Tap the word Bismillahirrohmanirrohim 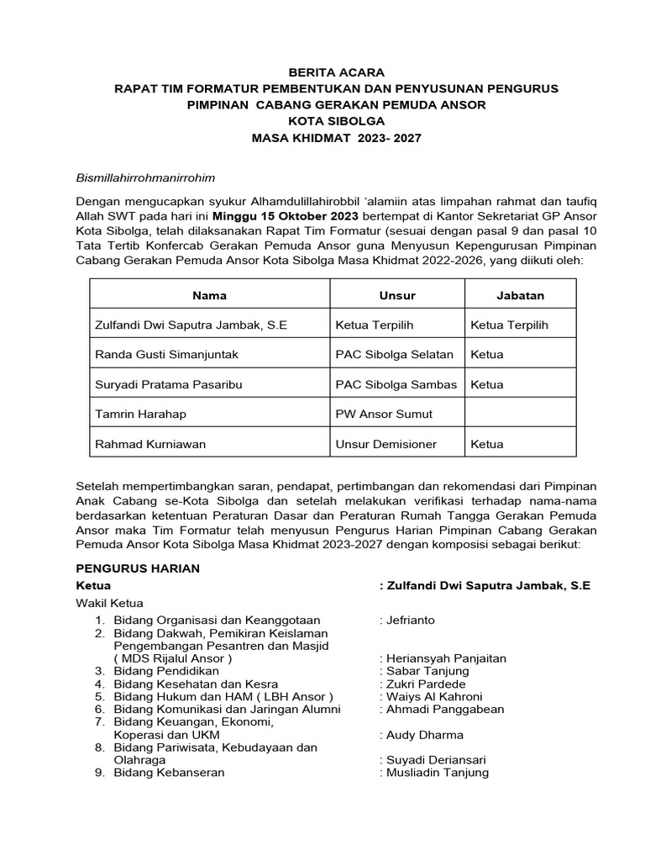(x=146, y=178)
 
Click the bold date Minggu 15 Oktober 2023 (x=286, y=215)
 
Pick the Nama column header (x=209, y=296)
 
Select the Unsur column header (x=397, y=296)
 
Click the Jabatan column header (x=521, y=296)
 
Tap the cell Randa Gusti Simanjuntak (x=167, y=355)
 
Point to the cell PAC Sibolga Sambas (x=396, y=384)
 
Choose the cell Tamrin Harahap (x=141, y=414)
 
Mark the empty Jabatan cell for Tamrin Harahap (x=521, y=414)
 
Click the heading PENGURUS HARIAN (x=138, y=568)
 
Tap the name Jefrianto (x=411, y=621)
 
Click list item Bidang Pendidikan (x=166, y=671)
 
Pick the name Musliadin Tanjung (x=437, y=773)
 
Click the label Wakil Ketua (x=110, y=603)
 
